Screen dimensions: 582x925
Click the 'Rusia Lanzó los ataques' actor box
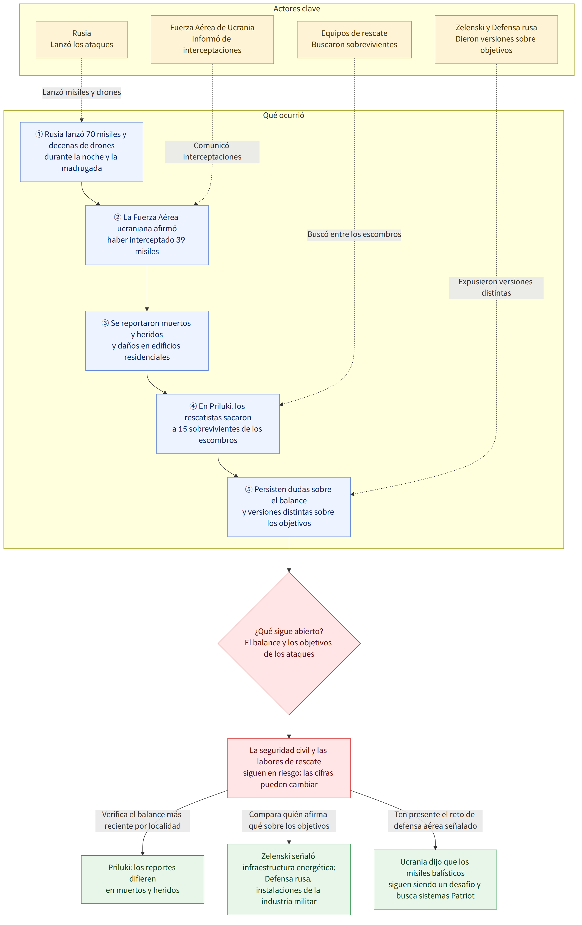click(x=81, y=40)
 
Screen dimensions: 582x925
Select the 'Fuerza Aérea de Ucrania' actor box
click(x=212, y=40)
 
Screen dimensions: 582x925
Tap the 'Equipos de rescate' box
click(x=354, y=40)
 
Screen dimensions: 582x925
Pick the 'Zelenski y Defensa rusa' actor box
click(x=496, y=40)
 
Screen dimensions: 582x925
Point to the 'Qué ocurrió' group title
click(x=284, y=115)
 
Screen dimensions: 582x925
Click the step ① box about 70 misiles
click(x=81, y=152)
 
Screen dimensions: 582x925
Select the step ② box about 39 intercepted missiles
click(x=147, y=235)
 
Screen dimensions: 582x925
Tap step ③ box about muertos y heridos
click(x=147, y=341)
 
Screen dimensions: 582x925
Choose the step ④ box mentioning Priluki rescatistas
click(x=218, y=424)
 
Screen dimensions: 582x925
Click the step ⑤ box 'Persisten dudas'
click(x=289, y=507)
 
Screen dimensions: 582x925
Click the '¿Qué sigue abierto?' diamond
click(x=289, y=643)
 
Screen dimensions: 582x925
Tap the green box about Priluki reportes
click(x=143, y=879)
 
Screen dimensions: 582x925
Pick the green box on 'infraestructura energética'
click(x=289, y=879)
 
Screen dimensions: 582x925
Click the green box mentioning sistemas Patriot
click(x=435, y=879)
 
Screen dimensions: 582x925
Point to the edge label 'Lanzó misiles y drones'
click(x=81, y=92)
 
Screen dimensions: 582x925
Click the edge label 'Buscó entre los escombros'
click(x=354, y=234)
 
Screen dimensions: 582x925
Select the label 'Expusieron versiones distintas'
click(x=496, y=287)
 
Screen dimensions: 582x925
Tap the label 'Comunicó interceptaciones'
click(x=212, y=151)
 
